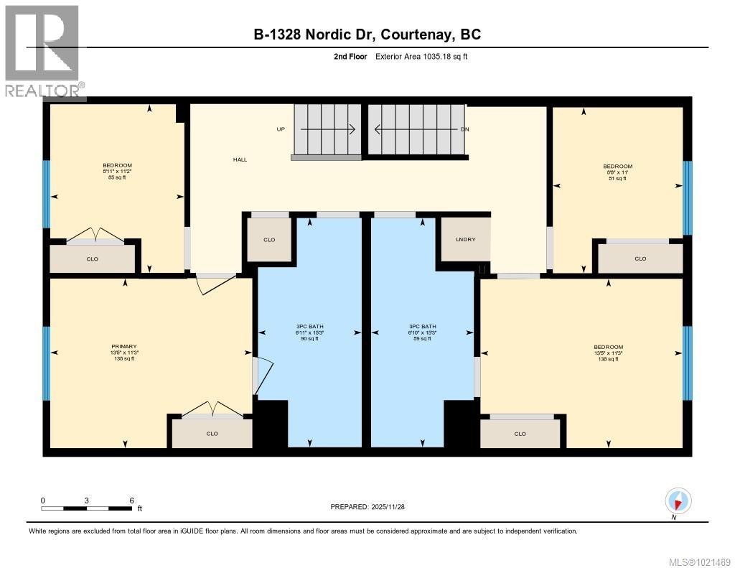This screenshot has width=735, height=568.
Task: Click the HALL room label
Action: tap(240, 159)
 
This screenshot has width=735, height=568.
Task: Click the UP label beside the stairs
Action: tap(281, 129)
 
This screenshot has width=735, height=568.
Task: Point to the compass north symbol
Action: tap(678, 500)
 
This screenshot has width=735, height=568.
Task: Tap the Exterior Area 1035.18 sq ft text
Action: tap(421, 57)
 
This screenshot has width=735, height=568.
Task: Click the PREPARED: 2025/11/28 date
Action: tap(373, 506)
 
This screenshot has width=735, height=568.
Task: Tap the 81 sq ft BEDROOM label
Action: tap(617, 172)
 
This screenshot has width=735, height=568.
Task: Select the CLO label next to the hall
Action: tap(269, 240)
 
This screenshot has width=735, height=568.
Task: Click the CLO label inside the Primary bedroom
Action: tap(212, 433)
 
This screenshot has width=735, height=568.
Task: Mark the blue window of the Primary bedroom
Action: tap(47, 363)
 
